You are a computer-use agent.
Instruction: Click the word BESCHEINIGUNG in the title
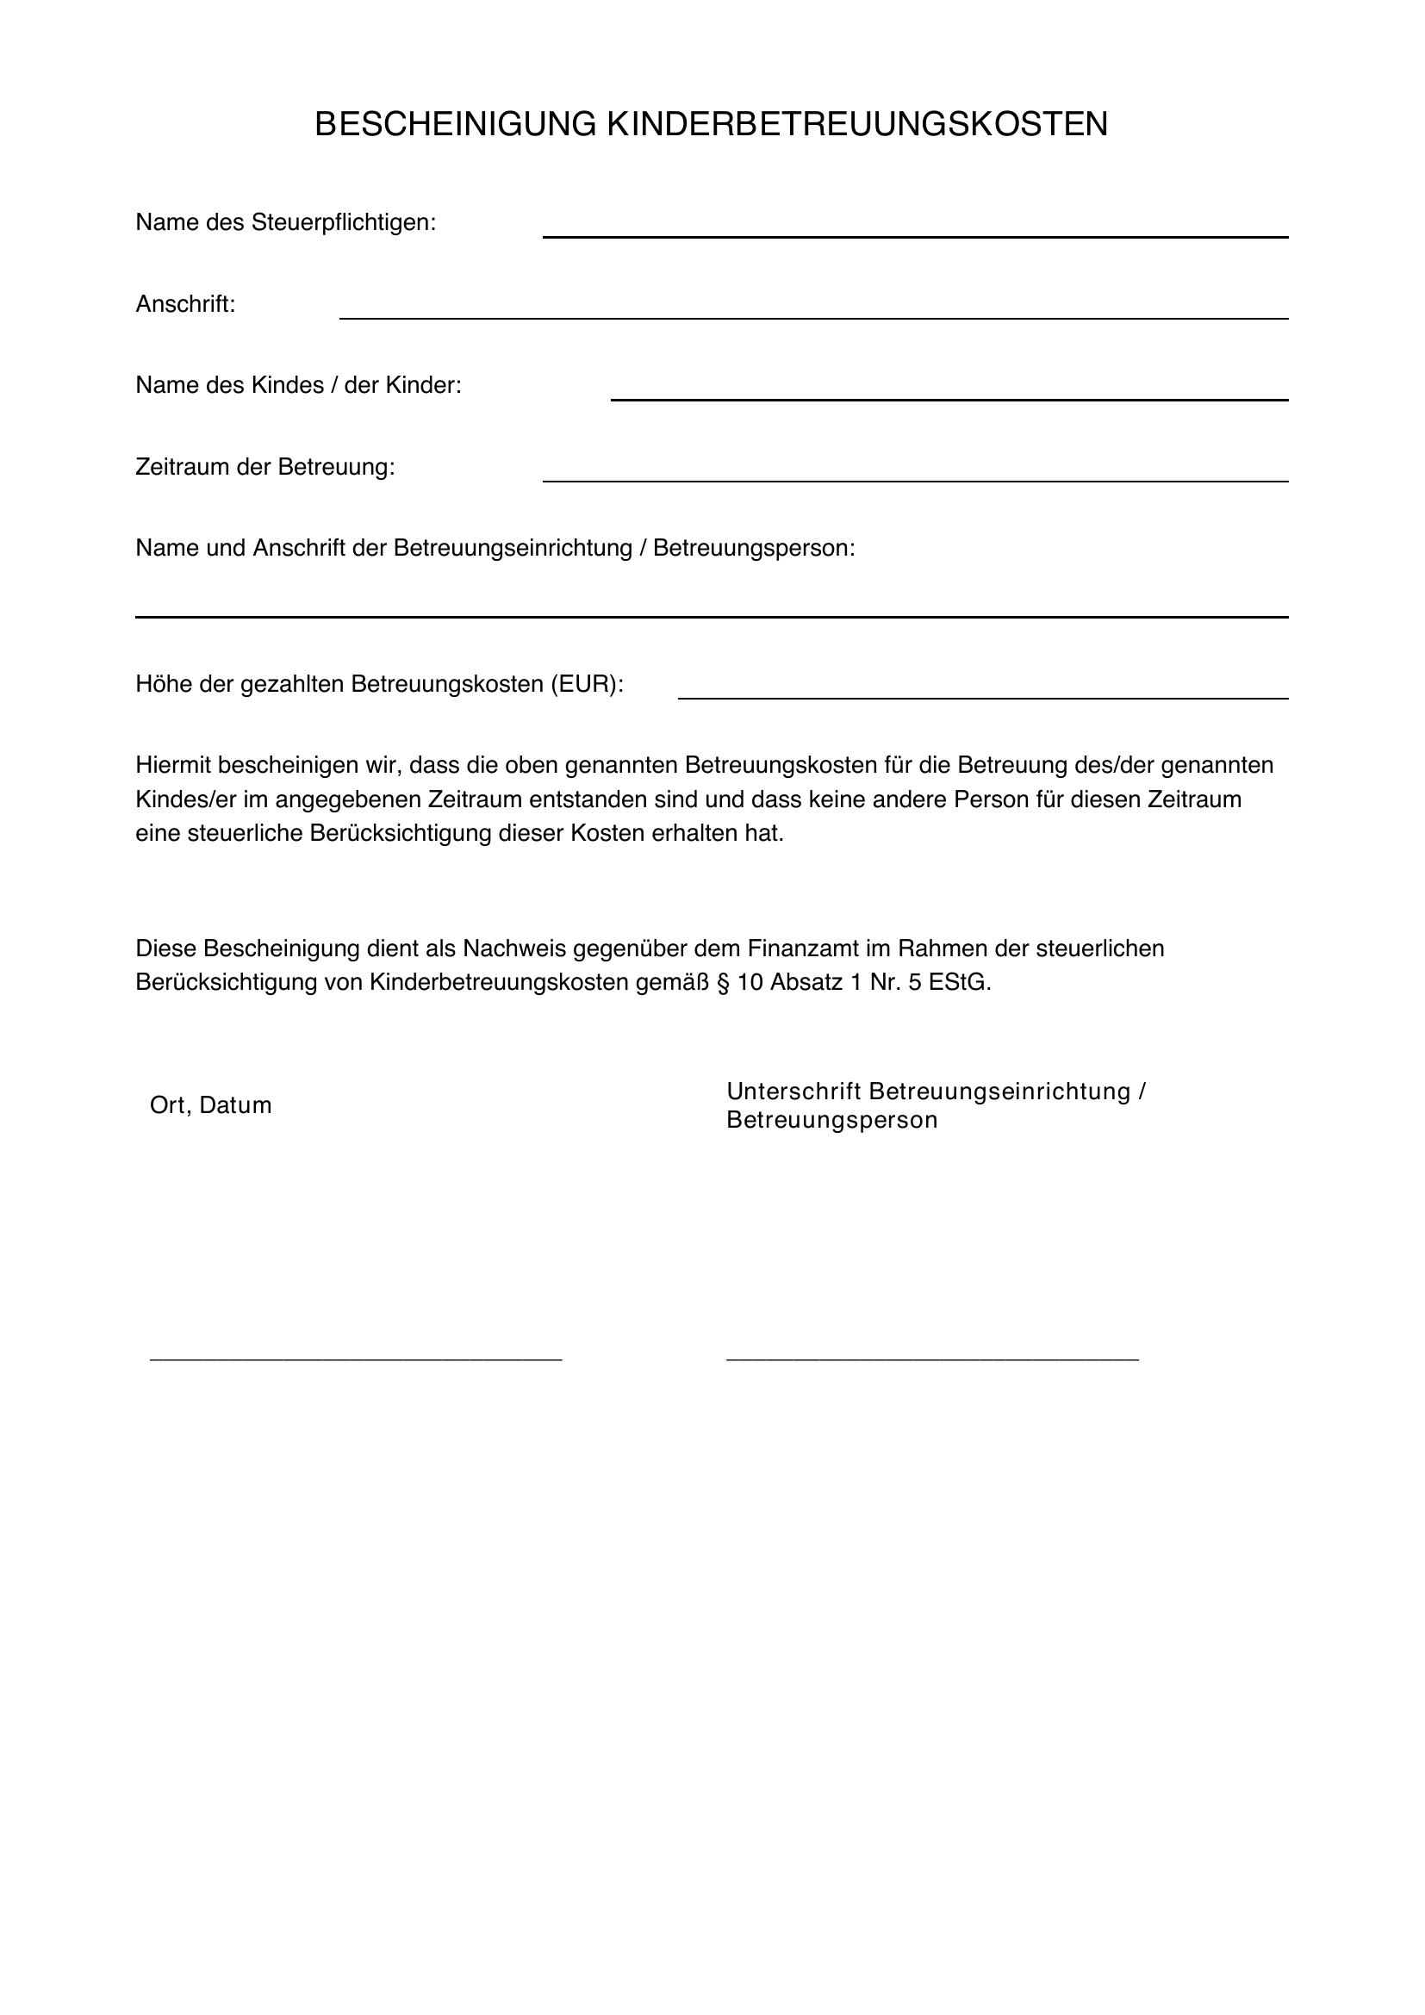click(x=456, y=125)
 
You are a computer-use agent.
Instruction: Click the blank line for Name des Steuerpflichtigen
click(x=914, y=236)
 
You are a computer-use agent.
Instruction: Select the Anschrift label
click(x=185, y=304)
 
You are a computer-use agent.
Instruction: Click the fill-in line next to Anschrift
click(x=813, y=318)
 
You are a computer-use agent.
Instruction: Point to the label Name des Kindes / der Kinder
click(x=298, y=385)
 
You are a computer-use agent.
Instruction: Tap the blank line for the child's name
click(x=949, y=400)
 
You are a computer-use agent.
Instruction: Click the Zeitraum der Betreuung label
click(x=265, y=467)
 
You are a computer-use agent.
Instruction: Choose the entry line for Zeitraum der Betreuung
click(x=914, y=481)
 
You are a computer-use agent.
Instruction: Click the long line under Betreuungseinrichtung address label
click(x=711, y=617)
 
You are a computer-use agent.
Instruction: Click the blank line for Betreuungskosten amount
click(x=983, y=698)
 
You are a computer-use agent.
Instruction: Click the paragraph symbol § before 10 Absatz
click(x=723, y=982)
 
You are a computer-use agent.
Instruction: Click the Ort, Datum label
click(x=210, y=1105)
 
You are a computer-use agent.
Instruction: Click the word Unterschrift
click(x=794, y=1091)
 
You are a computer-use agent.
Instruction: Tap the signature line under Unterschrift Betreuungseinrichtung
click(x=932, y=1359)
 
